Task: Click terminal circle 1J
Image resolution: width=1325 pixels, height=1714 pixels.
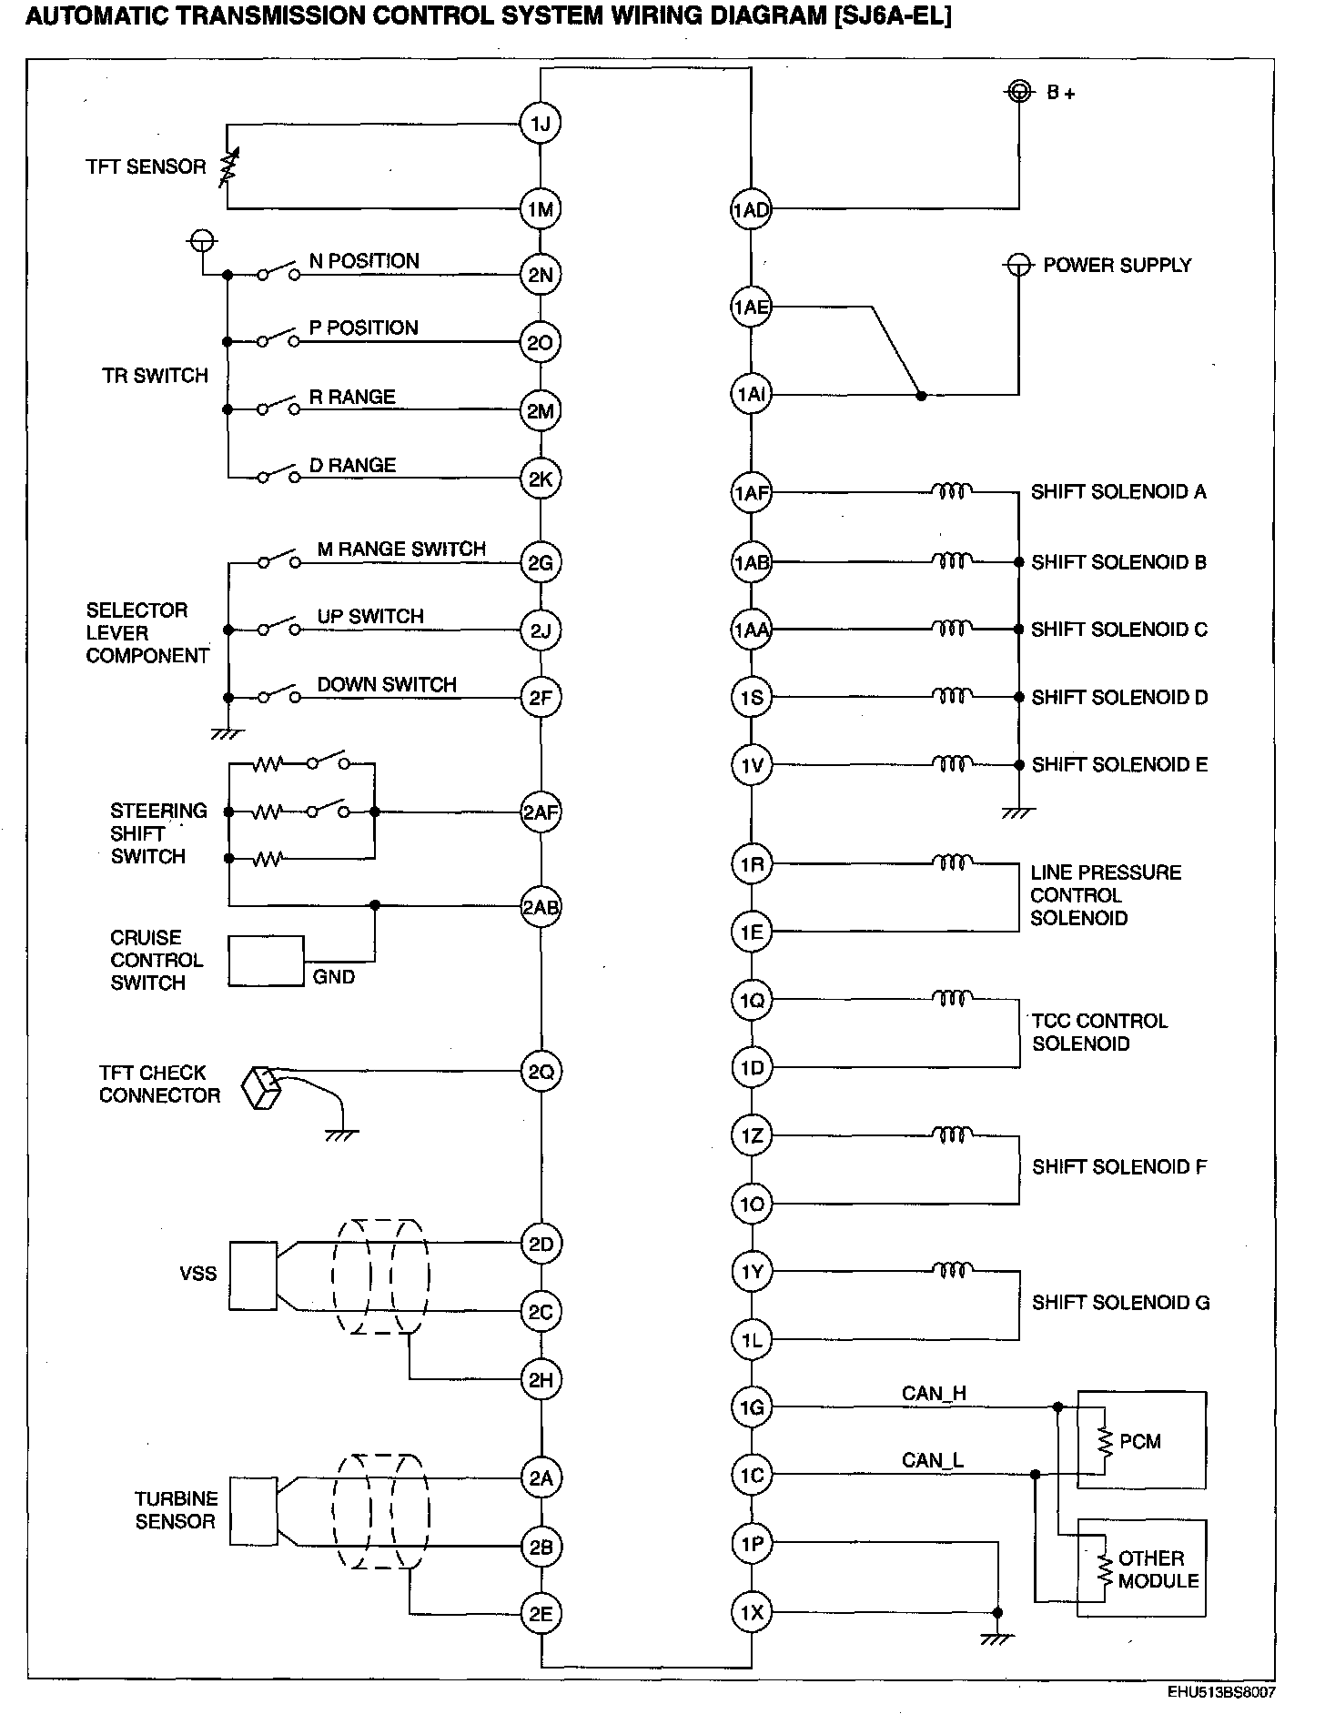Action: pos(541,124)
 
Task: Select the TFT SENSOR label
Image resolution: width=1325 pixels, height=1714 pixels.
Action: pos(146,167)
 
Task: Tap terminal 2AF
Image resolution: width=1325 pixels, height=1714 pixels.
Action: pos(541,812)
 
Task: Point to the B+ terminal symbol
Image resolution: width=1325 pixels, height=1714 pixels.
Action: pos(1019,91)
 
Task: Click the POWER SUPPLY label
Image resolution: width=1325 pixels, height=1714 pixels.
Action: pos(1117,266)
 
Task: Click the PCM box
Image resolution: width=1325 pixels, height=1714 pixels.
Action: pos(1142,1440)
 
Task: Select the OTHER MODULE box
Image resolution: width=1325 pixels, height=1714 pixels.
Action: pos(1142,1568)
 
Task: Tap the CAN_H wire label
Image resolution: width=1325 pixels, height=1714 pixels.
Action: pos(934,1394)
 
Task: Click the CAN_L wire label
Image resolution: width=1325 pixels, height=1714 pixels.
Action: pos(933,1461)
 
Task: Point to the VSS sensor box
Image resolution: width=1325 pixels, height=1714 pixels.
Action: pos(253,1275)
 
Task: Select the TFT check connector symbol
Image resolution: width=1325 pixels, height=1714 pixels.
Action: pos(262,1088)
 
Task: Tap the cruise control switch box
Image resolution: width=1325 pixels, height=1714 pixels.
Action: pos(266,961)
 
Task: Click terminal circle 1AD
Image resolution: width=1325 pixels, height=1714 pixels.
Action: pos(751,211)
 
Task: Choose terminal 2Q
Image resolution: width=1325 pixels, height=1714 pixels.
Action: pos(541,1072)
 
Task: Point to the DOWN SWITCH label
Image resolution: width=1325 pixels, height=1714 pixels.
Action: pos(387,685)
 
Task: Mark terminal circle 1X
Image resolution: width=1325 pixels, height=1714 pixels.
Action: pos(751,1613)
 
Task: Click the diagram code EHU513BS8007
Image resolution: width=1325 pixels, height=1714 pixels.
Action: pos(1222,1693)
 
